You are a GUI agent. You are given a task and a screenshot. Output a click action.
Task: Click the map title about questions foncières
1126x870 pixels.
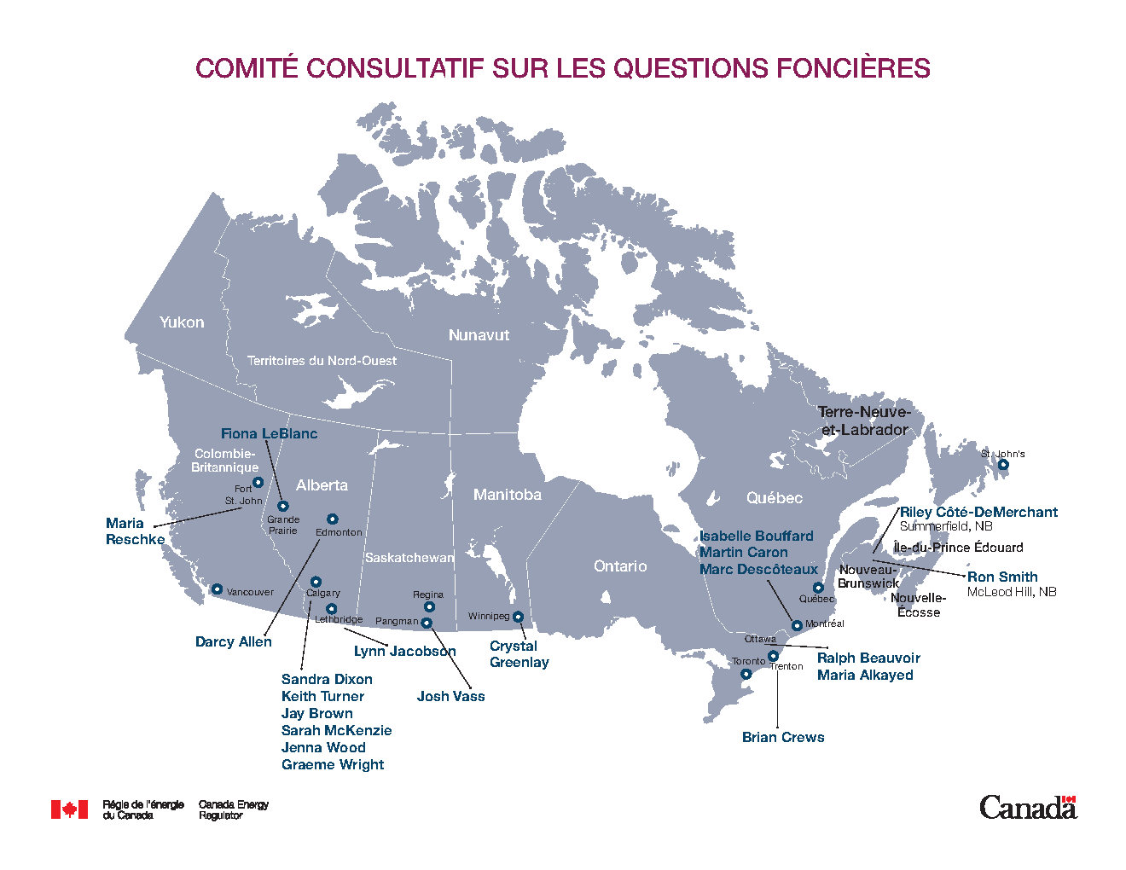pyautogui.click(x=562, y=68)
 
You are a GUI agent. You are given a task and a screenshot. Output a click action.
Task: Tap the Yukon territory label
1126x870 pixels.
pyautogui.click(x=182, y=322)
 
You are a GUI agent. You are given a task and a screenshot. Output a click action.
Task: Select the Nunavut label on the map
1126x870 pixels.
pyautogui.click(x=479, y=335)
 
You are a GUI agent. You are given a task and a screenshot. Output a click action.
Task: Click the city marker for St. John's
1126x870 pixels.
pyautogui.click(x=1003, y=465)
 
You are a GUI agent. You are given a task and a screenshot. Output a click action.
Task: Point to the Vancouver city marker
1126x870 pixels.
pyautogui.click(x=217, y=589)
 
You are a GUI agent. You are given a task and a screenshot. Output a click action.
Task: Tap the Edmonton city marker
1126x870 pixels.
pyautogui.click(x=333, y=519)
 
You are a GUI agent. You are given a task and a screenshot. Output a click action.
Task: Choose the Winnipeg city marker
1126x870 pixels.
pyautogui.click(x=518, y=617)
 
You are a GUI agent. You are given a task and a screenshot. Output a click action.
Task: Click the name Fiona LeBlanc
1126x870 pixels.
pyautogui.click(x=269, y=433)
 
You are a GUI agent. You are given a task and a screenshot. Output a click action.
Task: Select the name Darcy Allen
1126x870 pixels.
pyautogui.click(x=233, y=641)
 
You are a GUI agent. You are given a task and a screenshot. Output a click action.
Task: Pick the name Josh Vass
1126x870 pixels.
pyautogui.click(x=450, y=696)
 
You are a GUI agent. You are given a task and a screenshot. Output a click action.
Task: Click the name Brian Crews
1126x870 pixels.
pyautogui.click(x=783, y=737)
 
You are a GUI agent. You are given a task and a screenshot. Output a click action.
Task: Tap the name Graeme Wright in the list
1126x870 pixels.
pyautogui.click(x=333, y=764)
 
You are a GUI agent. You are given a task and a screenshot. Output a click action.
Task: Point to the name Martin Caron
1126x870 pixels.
pyautogui.click(x=743, y=552)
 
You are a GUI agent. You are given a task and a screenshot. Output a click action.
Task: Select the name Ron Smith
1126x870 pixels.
pyautogui.click(x=1002, y=577)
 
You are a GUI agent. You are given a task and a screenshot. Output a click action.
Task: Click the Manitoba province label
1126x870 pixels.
pyautogui.click(x=507, y=495)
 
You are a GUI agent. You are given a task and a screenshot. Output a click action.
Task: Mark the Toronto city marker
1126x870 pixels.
pyautogui.click(x=746, y=674)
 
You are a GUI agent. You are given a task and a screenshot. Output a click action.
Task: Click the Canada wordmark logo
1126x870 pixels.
pyautogui.click(x=1027, y=807)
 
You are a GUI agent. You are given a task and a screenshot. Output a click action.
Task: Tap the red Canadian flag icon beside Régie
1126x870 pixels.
pyautogui.click(x=69, y=809)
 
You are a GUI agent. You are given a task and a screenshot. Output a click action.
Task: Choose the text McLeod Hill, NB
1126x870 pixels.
pyautogui.click(x=1011, y=592)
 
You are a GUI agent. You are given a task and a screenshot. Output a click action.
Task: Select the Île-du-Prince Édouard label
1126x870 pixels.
pyautogui.click(x=958, y=548)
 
